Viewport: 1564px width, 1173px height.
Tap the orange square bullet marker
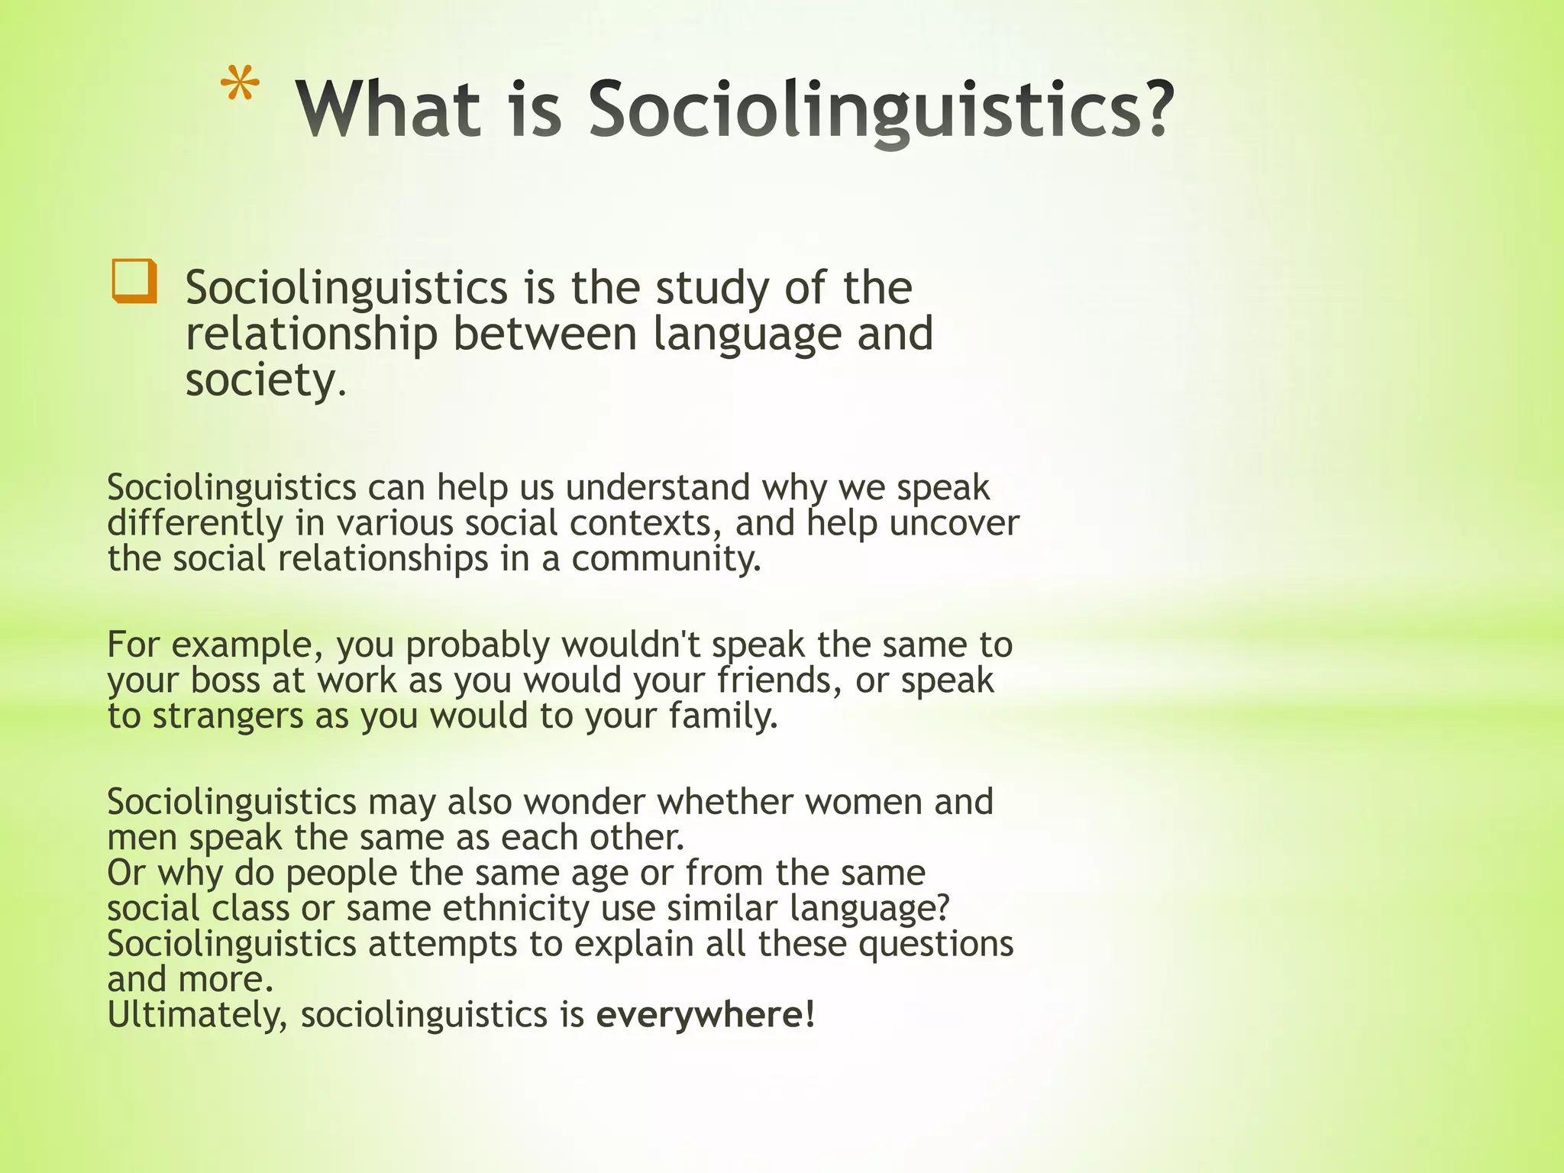coord(134,281)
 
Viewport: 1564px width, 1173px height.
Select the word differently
coord(195,523)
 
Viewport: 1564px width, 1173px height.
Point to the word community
coord(666,559)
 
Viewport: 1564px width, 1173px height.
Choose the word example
coord(242,645)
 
